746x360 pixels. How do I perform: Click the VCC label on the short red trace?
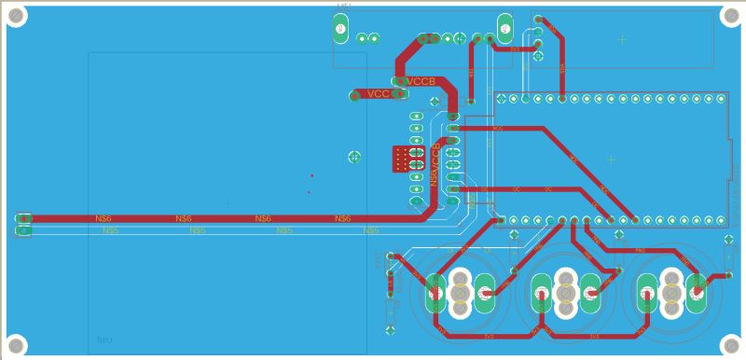pos(378,94)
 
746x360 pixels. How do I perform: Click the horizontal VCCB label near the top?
pos(421,82)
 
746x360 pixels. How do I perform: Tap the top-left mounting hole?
pos(16,15)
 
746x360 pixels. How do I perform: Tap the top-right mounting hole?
pos(731,15)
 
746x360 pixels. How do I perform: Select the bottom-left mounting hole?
pos(16,344)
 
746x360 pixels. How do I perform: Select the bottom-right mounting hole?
pos(731,344)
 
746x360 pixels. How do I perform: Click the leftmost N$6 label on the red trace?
pos(104,218)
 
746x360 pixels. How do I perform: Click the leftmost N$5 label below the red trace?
pos(110,229)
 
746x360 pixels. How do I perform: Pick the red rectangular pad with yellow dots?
pos(408,159)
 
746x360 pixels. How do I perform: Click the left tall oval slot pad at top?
pos(340,29)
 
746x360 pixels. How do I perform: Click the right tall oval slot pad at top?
pos(505,28)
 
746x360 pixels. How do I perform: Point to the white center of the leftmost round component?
pos(460,294)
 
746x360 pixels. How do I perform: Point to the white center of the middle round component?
pos(565,294)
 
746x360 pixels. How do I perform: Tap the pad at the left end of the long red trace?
pos(23,219)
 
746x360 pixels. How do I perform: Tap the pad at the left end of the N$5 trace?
pos(23,229)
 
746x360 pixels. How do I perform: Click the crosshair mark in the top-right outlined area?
pos(622,39)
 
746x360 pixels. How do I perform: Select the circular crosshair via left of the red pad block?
pos(354,157)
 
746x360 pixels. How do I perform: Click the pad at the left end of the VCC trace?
pos(354,95)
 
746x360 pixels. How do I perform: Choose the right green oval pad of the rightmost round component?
pos(696,294)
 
